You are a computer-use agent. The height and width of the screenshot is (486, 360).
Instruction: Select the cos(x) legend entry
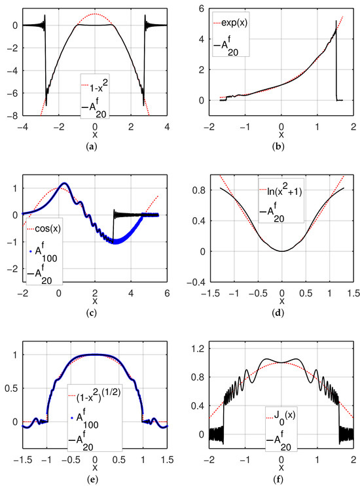click(x=43, y=229)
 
